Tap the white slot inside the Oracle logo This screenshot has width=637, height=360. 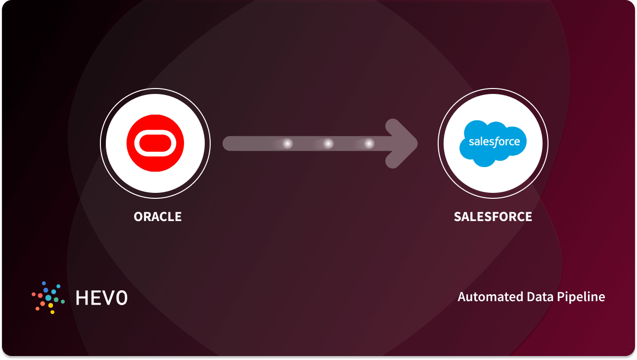[x=155, y=143]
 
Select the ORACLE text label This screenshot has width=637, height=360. [x=158, y=217]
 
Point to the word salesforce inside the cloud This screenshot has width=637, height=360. [x=494, y=142]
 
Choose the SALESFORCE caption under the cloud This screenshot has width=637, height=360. [x=493, y=217]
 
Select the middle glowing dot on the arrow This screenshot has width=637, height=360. [x=328, y=143]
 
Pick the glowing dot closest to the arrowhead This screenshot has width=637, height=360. [x=369, y=143]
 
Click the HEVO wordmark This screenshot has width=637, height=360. [x=101, y=297]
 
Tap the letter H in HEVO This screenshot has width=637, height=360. [x=82, y=297]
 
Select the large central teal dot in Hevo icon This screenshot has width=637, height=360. [x=48, y=298]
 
